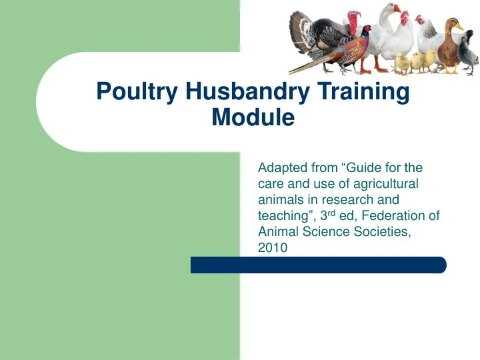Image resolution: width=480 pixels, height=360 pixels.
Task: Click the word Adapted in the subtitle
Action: [x=280, y=167]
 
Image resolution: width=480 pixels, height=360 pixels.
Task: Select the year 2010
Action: [x=272, y=247]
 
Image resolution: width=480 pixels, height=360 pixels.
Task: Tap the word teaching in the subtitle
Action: [x=281, y=216]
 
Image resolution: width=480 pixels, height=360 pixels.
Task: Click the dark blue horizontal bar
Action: [x=318, y=265]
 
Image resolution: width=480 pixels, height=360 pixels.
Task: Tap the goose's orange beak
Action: [x=399, y=9]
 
